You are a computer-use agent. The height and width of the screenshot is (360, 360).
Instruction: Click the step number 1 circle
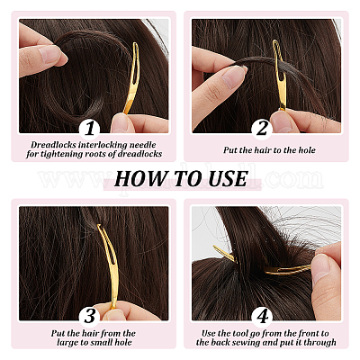coord(90,129)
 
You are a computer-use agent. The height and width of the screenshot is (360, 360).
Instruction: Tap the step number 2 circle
coord(262,129)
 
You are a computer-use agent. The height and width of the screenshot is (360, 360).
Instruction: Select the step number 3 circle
coord(90,316)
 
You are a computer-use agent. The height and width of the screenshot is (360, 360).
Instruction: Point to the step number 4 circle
coord(262,316)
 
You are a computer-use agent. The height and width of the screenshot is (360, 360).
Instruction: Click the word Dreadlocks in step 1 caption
coord(53,145)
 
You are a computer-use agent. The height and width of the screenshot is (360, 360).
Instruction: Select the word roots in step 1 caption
coord(104,154)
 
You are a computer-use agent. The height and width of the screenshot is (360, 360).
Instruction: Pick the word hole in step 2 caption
coord(307,150)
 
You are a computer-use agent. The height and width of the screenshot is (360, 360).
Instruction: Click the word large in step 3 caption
coord(67,343)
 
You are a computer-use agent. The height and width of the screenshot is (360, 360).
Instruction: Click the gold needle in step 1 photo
coord(132,77)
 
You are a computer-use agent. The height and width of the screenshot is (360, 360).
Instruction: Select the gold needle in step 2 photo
coord(279,75)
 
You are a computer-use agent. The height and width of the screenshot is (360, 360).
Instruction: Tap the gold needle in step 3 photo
coord(110,264)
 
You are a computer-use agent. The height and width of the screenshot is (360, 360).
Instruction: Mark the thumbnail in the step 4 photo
coord(320,268)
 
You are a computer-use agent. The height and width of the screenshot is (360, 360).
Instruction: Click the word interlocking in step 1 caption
coord(103,145)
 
